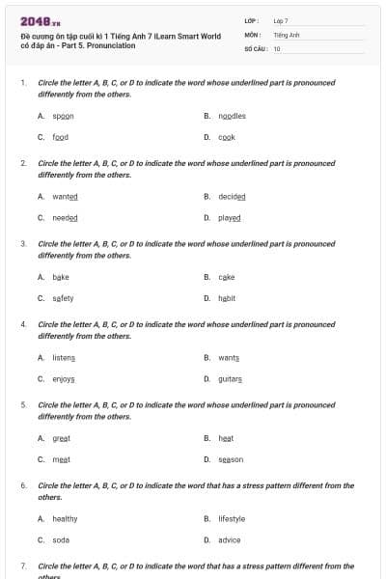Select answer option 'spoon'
pyautogui.click(x=64, y=116)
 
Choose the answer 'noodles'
pyautogui.click(x=233, y=116)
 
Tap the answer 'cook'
pyautogui.click(x=228, y=137)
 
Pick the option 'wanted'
pyautogui.click(x=65, y=196)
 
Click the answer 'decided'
pyautogui.click(x=233, y=196)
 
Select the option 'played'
pyautogui.click(x=230, y=217)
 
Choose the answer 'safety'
pyautogui.click(x=63, y=298)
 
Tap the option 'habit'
pyautogui.click(x=228, y=298)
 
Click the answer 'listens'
pyautogui.click(x=64, y=358)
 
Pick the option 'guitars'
pyautogui.click(x=230, y=379)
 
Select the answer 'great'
pyautogui.click(x=62, y=438)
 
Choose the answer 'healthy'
pyautogui.click(x=65, y=518)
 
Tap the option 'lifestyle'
pyautogui.click(x=233, y=518)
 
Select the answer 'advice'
pyautogui.click(x=230, y=539)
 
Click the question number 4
pyautogui.click(x=23, y=324)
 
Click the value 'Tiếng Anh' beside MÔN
pyautogui.click(x=288, y=34)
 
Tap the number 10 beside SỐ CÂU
pyautogui.click(x=278, y=48)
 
